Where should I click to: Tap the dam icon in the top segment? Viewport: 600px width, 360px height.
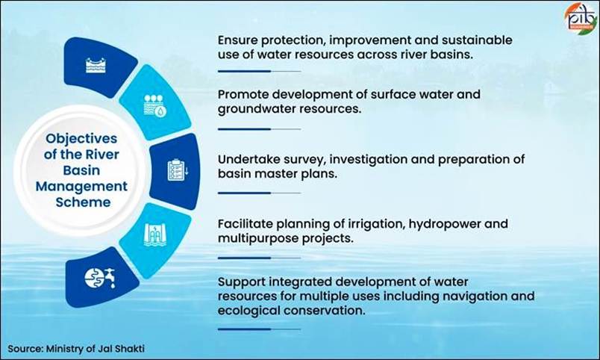point(96,66)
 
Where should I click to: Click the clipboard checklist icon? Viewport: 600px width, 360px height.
point(178,170)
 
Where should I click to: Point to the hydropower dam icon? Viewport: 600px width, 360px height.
point(155,234)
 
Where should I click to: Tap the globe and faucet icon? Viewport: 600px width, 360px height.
point(100,279)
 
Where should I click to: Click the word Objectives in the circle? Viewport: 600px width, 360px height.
point(81,139)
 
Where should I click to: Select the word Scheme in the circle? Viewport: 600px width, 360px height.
point(83,202)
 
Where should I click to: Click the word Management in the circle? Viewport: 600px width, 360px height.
point(81,187)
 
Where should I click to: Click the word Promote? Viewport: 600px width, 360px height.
point(243,94)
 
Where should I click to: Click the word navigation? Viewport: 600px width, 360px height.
point(473,297)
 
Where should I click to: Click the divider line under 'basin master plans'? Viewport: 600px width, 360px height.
point(260,193)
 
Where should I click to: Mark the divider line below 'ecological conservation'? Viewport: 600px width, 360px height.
point(260,329)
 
